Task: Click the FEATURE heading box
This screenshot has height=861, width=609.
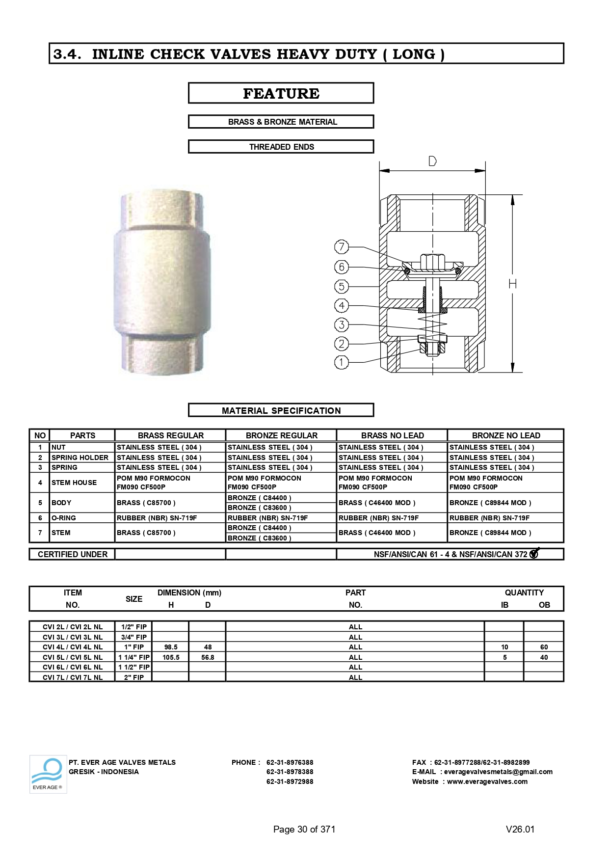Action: click(x=281, y=93)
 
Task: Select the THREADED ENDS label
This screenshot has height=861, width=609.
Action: click(x=281, y=147)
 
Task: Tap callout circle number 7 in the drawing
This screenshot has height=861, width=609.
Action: click(x=342, y=246)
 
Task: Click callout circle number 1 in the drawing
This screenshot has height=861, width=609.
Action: click(x=342, y=362)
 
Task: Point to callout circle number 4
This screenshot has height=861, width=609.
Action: click(x=342, y=305)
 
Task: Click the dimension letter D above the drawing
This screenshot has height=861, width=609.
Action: click(x=432, y=161)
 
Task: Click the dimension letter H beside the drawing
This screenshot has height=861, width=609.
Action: click(x=513, y=284)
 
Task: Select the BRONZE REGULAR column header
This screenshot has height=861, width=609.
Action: click(x=281, y=435)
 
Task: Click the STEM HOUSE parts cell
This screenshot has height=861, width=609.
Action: click(x=74, y=483)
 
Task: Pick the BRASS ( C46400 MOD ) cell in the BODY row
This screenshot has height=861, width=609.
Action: click(x=377, y=503)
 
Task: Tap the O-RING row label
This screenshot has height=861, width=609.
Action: click(x=64, y=518)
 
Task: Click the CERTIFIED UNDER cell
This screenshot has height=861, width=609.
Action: click(x=72, y=554)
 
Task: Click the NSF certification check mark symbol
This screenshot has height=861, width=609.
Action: click(x=535, y=553)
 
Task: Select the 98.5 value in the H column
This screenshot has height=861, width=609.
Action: click(x=171, y=647)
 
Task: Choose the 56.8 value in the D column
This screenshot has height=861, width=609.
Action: click(x=208, y=657)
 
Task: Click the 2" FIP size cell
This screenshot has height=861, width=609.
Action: click(x=134, y=677)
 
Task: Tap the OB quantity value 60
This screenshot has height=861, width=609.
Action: click(x=544, y=647)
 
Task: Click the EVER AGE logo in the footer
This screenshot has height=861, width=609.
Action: click(x=48, y=774)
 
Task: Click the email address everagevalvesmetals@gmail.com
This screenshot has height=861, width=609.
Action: click(x=498, y=772)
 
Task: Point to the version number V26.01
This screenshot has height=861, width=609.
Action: click(x=520, y=829)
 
